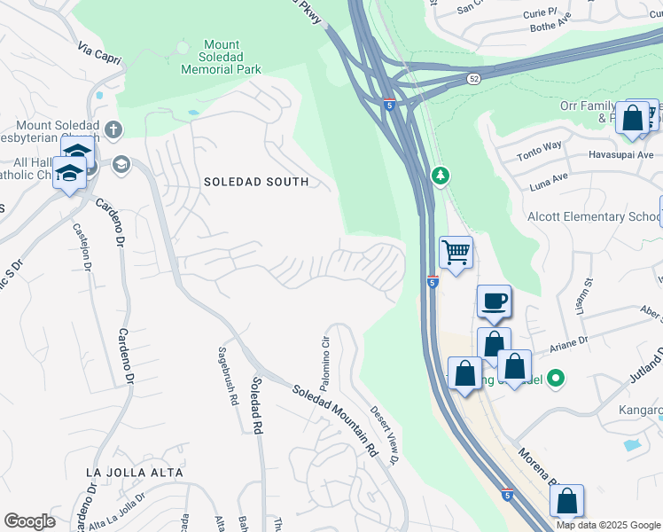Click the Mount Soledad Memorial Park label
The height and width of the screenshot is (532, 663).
coord(221,57)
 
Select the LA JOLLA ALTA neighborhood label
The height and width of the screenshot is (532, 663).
coord(135,473)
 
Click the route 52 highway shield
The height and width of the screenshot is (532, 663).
coord(475,79)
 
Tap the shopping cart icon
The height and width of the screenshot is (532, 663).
coord(456,253)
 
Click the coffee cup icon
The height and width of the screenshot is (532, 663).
coord(494,301)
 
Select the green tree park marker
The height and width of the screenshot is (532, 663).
coord(440,176)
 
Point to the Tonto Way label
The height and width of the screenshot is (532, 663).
coord(540,146)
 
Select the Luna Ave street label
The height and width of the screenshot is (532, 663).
coord(548,177)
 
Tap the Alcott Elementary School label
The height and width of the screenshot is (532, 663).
coord(606,217)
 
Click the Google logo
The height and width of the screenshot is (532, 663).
coord(29,521)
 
